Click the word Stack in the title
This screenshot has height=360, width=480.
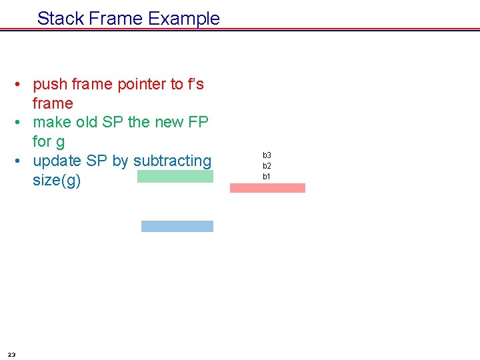(x=61, y=18)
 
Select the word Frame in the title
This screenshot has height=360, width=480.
(x=116, y=18)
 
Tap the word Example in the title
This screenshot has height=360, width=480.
(x=184, y=19)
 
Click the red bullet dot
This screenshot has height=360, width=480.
(x=17, y=84)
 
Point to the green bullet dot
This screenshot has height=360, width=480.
(x=17, y=122)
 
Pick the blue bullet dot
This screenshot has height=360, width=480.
(x=17, y=161)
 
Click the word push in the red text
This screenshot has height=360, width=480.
(x=50, y=85)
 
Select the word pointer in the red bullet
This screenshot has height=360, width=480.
(x=142, y=85)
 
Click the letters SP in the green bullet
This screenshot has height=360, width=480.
(x=113, y=122)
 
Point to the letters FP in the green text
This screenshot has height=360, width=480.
(x=198, y=122)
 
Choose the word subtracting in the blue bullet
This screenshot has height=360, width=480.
(x=173, y=161)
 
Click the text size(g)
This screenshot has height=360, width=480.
(x=57, y=180)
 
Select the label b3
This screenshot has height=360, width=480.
(x=267, y=155)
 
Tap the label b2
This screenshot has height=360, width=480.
(x=267, y=166)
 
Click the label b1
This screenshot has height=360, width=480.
(x=266, y=177)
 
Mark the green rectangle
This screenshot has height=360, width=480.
(x=175, y=176)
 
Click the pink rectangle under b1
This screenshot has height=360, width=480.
(x=267, y=188)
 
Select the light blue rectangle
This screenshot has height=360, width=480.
(x=177, y=226)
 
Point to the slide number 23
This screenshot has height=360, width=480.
(x=11, y=355)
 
